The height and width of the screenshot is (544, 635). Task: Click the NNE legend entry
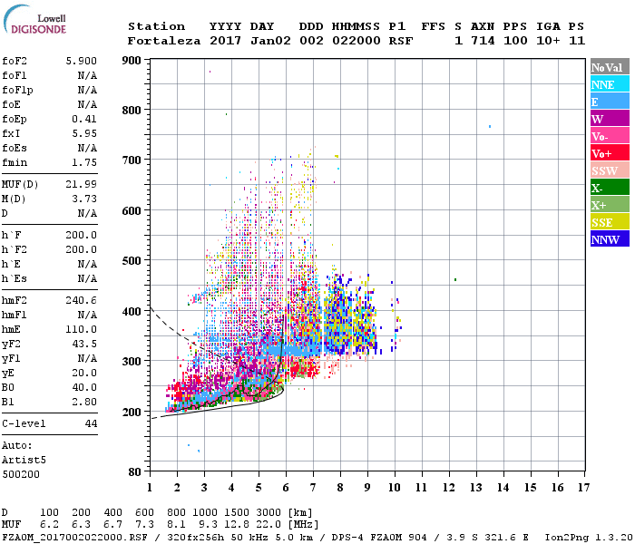[610, 84]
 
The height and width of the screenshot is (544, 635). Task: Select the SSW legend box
[610, 170]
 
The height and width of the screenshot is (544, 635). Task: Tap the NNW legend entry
[610, 239]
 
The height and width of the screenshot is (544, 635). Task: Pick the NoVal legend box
[610, 67]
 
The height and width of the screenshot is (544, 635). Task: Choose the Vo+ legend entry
[610, 153]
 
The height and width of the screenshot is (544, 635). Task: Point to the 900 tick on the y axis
[132, 61]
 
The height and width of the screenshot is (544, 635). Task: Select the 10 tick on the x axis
[395, 487]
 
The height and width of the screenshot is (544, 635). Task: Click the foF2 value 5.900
[82, 61]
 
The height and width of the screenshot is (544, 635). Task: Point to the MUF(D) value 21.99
[82, 185]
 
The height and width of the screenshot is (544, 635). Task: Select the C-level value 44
[91, 423]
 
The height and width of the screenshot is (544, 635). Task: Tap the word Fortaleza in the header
[165, 41]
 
